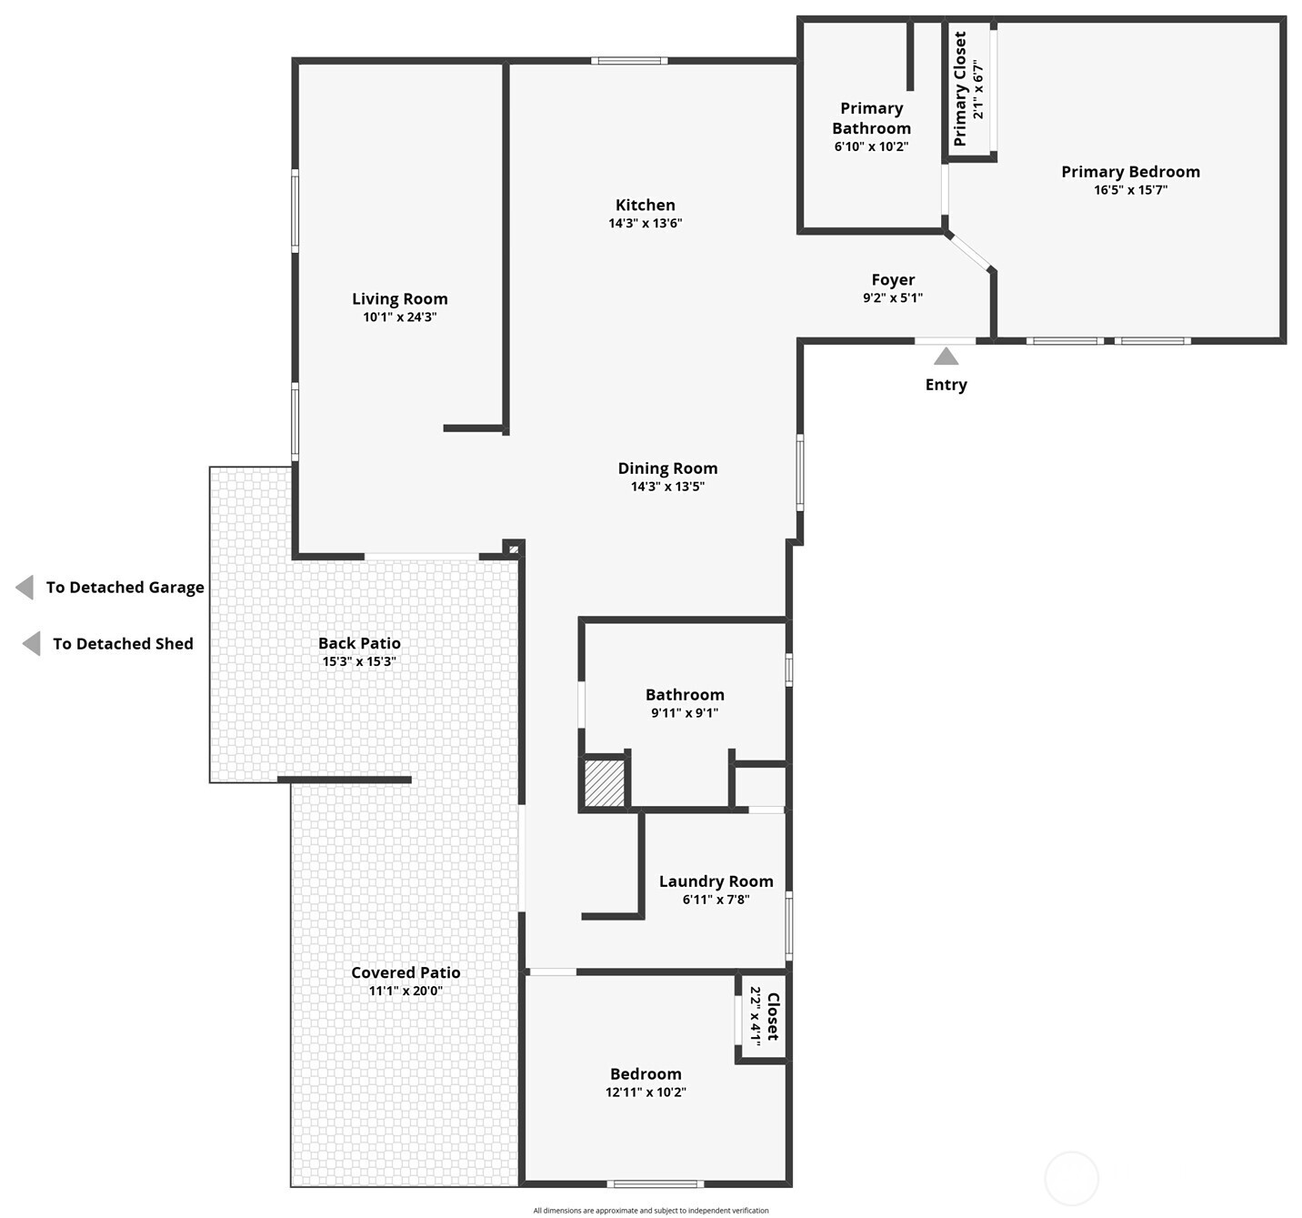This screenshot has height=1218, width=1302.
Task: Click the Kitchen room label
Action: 645,206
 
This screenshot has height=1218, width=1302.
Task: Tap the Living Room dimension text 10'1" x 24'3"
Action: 399,317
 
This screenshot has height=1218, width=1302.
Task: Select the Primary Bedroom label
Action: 1130,172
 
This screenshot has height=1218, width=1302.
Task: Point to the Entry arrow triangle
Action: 946,356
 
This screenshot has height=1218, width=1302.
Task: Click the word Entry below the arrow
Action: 946,385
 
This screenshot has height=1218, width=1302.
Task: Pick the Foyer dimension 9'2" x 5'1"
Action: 892,297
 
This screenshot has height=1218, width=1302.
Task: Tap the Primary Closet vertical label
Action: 960,89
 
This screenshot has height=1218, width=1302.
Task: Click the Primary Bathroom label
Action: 871,118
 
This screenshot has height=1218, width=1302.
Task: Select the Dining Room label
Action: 667,468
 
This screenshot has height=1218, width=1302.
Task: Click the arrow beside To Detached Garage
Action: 25,588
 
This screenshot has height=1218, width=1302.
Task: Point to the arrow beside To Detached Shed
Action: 31,644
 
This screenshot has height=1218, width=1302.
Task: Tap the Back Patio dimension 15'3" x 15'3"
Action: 359,661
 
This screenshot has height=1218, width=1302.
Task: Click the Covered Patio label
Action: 406,972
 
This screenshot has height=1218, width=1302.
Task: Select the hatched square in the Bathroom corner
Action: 604,782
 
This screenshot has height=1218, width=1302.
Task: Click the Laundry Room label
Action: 716,881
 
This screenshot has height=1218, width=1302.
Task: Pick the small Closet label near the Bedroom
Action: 773,1016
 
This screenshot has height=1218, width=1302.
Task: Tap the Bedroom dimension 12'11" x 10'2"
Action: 646,1092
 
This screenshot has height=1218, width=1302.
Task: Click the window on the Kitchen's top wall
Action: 629,61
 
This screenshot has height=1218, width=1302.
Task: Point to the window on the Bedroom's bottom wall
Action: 655,1183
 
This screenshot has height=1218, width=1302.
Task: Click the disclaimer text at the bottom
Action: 651,1211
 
